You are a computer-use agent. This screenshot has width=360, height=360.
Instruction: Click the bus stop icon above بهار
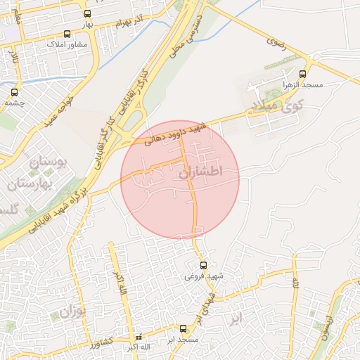pos(87,13)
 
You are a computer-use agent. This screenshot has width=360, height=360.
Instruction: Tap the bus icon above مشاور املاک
pos(67,34)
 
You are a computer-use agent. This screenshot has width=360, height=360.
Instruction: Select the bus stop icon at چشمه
pos(15,91)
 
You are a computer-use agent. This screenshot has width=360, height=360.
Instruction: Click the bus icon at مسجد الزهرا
pos(303,74)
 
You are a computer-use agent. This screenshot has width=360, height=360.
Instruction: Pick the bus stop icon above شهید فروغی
pos(203,265)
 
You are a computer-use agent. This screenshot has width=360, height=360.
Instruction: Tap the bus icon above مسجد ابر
pos(184,328)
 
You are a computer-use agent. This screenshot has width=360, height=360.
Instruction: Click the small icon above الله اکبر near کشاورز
pos(138,337)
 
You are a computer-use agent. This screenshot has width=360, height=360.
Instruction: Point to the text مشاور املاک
pos(66,44)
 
